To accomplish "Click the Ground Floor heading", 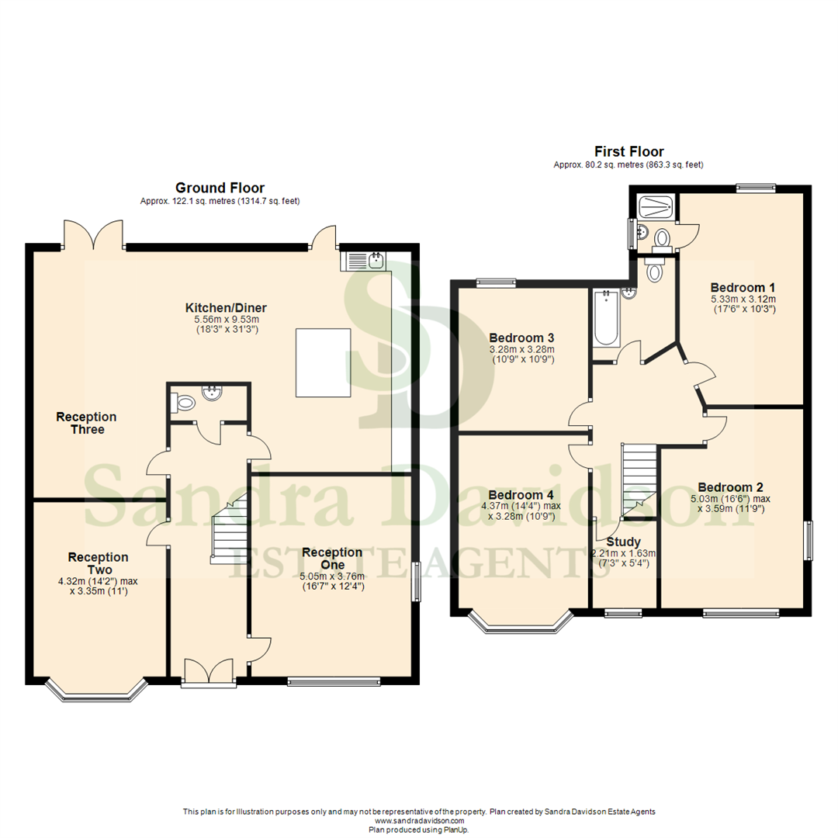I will point(220,188).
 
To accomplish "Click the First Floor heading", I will point(628,152).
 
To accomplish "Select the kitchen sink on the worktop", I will point(364,260).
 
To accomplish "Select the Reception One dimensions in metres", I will point(331,577).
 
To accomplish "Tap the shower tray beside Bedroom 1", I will point(656,205).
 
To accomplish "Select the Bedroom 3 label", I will point(521,338).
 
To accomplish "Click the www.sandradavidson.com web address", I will point(419,820).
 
